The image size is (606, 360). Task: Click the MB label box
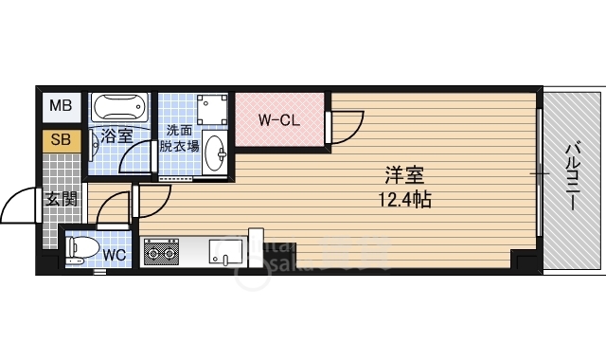click(x=60, y=106)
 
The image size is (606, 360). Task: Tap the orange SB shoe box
click(x=60, y=140)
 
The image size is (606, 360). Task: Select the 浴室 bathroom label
click(x=116, y=136)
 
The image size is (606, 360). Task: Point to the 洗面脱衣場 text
click(x=179, y=137)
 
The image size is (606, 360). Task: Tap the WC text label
click(x=115, y=254)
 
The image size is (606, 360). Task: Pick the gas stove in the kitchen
click(x=161, y=253)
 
